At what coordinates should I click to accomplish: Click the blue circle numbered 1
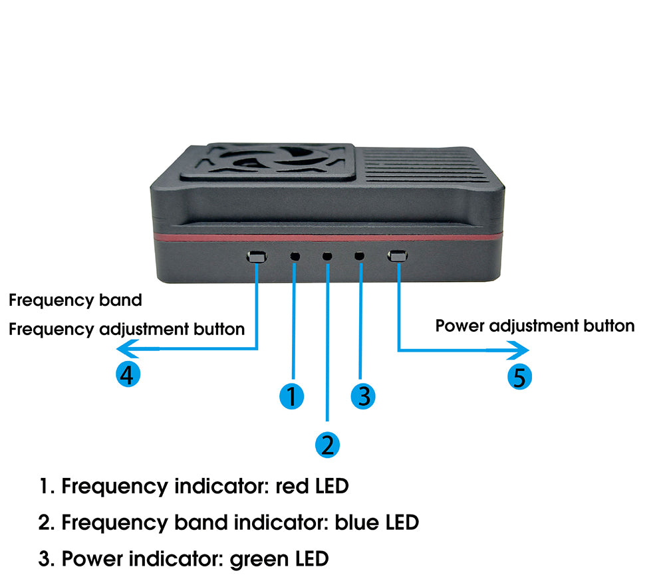click(291, 396)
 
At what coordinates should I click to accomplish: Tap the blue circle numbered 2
click(327, 444)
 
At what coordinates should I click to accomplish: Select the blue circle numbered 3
click(363, 396)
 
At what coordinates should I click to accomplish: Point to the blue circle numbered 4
click(128, 375)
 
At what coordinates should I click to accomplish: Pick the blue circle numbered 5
click(520, 377)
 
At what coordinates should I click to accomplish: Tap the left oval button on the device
click(257, 256)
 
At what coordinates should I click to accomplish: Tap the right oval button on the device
click(398, 256)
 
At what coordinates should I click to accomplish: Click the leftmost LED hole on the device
click(295, 256)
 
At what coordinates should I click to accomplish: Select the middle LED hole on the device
click(327, 256)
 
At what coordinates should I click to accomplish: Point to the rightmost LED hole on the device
click(360, 256)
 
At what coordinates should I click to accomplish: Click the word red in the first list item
click(293, 487)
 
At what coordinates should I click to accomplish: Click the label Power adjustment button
click(535, 326)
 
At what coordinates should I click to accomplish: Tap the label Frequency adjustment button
click(126, 328)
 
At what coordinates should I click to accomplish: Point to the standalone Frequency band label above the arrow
click(75, 300)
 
